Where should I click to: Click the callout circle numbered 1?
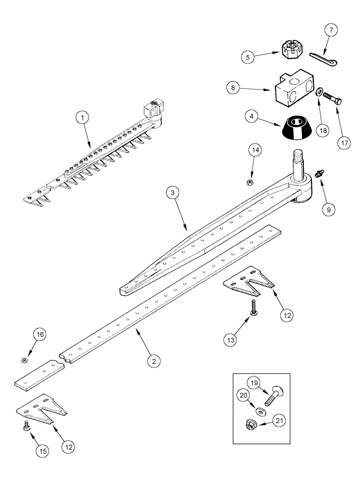(83, 118)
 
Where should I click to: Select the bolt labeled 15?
(27, 429)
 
